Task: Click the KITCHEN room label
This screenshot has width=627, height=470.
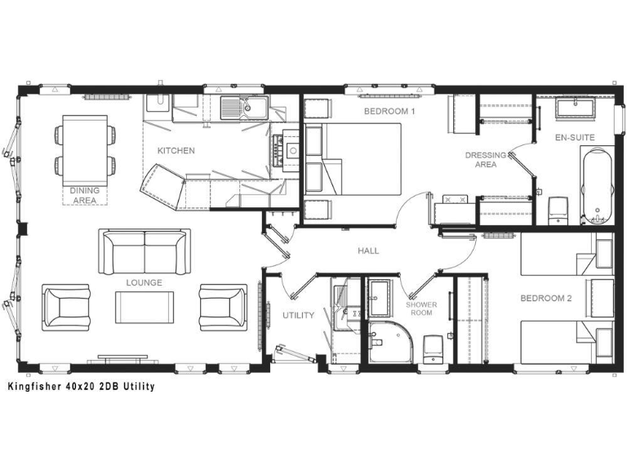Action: [x=176, y=151]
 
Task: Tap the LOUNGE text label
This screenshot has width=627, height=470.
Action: [x=144, y=283]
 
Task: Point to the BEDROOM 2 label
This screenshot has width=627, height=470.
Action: [x=546, y=299]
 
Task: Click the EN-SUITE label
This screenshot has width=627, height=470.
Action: [x=574, y=137]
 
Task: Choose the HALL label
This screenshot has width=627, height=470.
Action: [x=368, y=251]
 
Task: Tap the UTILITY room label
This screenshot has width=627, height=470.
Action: [x=298, y=315]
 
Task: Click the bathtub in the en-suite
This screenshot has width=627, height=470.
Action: [x=597, y=185]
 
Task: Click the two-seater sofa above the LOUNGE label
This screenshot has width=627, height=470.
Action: [x=145, y=251]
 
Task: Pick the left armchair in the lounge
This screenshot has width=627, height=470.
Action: [x=65, y=308]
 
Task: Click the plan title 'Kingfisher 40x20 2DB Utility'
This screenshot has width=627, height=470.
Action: [x=80, y=386]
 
